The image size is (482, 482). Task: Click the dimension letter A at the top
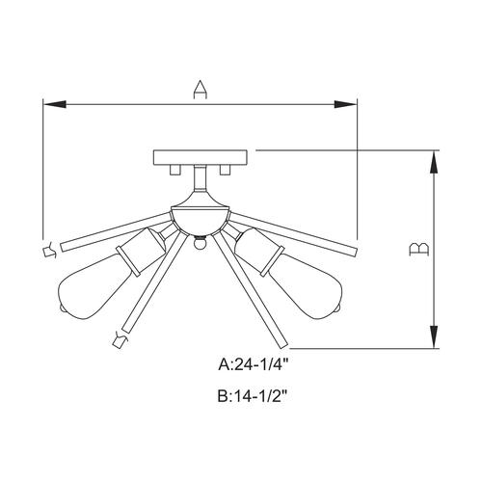tap(200, 90)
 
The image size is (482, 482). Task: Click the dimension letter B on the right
tap(417, 251)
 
